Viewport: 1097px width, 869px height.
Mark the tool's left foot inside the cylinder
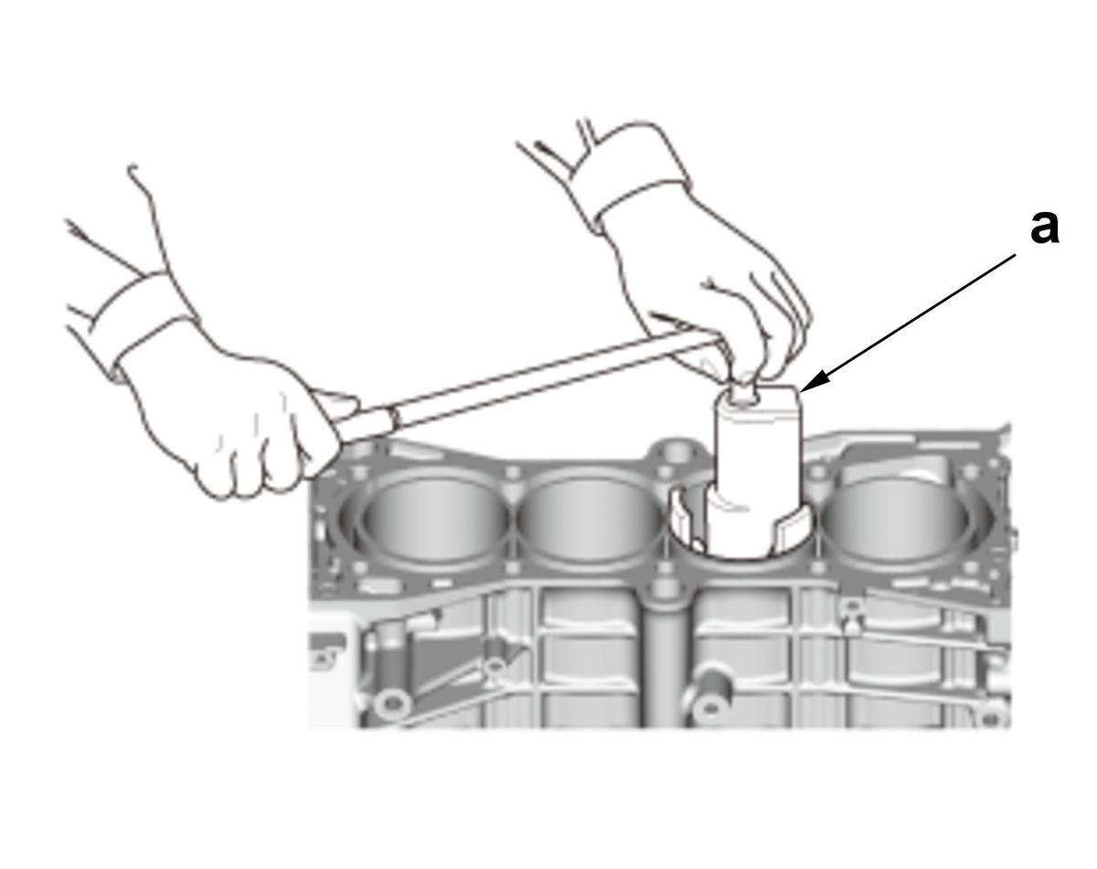tap(686, 520)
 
